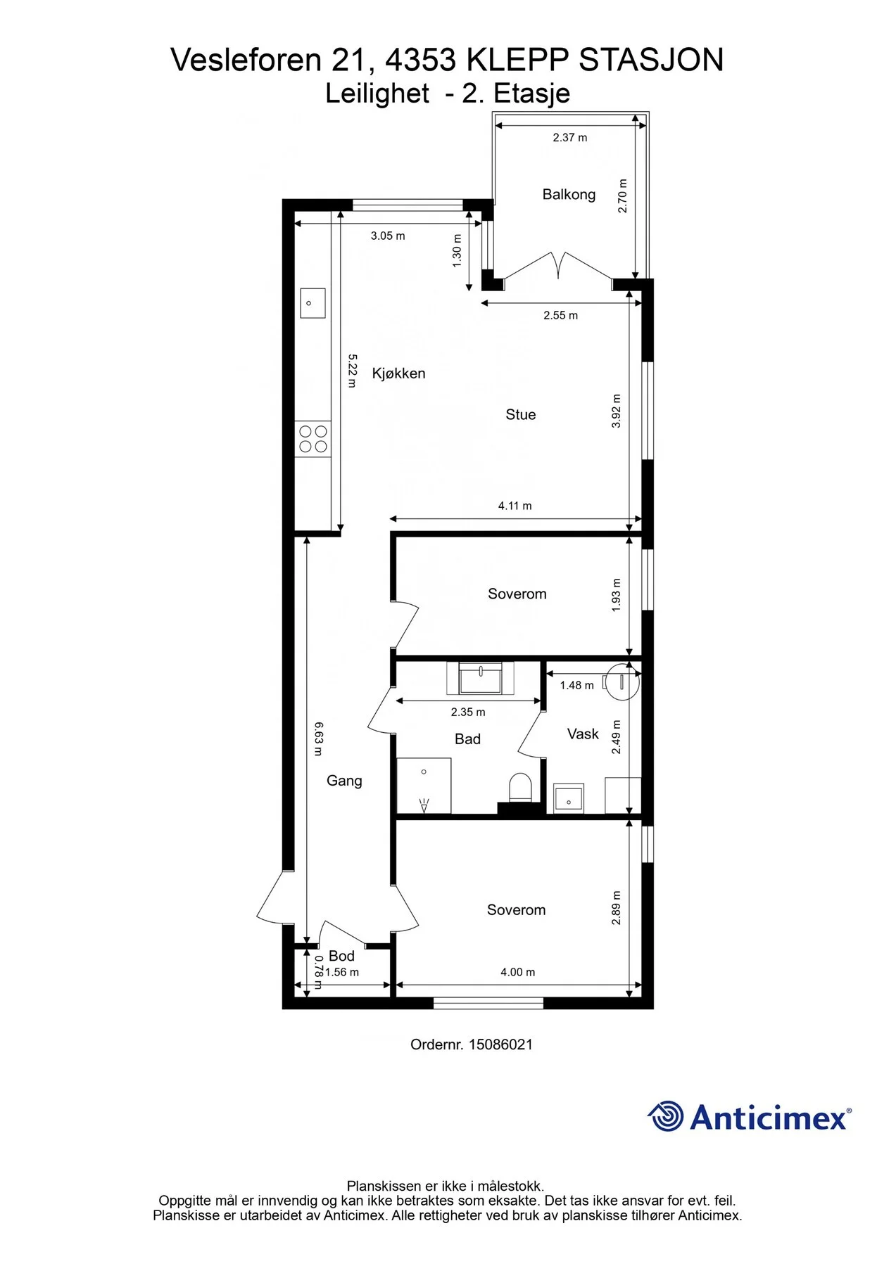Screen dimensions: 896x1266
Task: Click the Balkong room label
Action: coord(569,195)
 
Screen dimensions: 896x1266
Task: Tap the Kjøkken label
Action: coord(398,373)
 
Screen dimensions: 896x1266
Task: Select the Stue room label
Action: coord(521,415)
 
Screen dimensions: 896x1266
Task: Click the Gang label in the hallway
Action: coord(344,781)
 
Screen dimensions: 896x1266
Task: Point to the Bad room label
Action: coord(467,739)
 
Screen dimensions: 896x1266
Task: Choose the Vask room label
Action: coord(583,734)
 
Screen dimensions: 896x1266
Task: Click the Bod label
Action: coord(341,956)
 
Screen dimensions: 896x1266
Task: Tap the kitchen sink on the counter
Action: coord(313,303)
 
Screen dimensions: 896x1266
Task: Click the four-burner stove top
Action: coord(313,439)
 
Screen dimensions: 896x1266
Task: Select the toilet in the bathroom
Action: coord(520,787)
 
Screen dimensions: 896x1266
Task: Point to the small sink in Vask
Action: coord(569,799)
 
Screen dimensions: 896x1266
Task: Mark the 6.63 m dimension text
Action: coord(318,738)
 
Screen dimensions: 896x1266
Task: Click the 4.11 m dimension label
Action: coord(515,506)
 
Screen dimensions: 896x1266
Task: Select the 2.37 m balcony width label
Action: coord(570,138)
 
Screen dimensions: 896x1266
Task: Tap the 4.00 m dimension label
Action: coord(518,972)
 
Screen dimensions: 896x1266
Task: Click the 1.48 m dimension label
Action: coord(577,685)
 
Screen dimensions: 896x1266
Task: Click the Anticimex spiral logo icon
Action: coord(666,1116)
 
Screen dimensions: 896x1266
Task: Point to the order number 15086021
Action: coord(500,1044)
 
